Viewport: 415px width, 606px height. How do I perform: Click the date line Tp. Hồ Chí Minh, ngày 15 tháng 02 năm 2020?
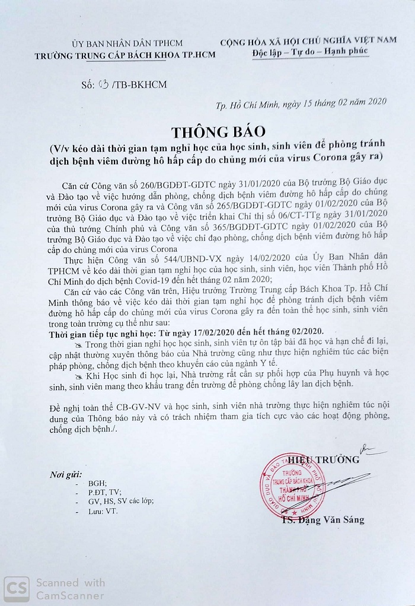(293, 103)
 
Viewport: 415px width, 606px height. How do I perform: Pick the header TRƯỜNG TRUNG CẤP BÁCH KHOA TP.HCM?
(126, 55)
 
